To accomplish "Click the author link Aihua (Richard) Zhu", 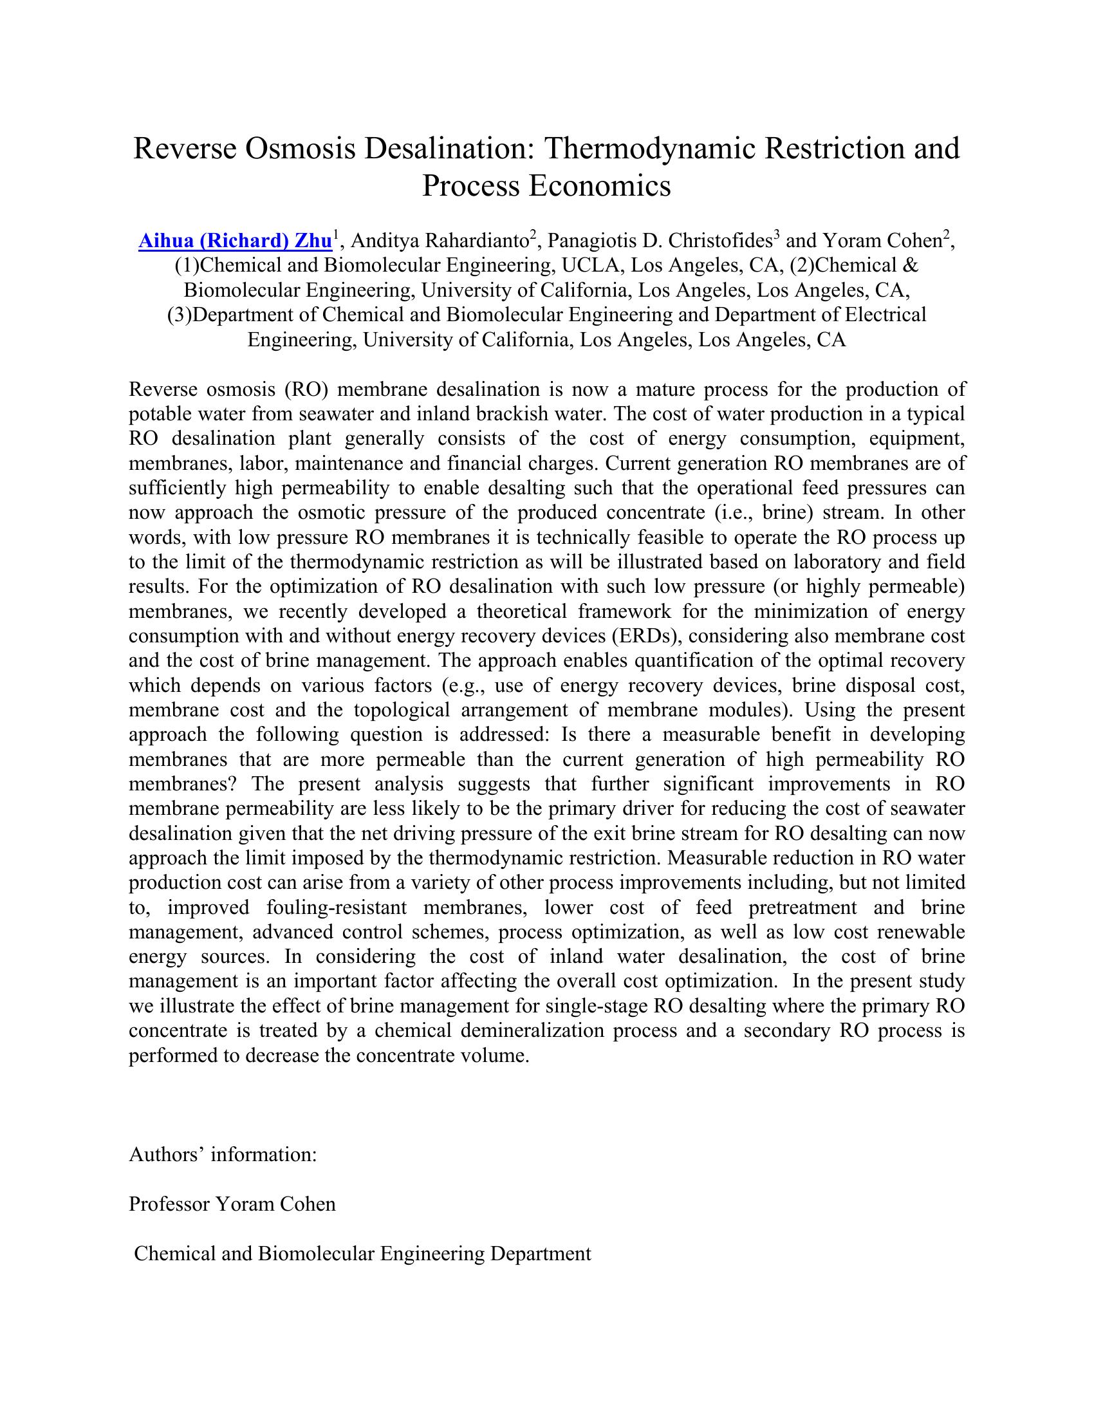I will coord(236,241).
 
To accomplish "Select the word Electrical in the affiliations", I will coord(885,315).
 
